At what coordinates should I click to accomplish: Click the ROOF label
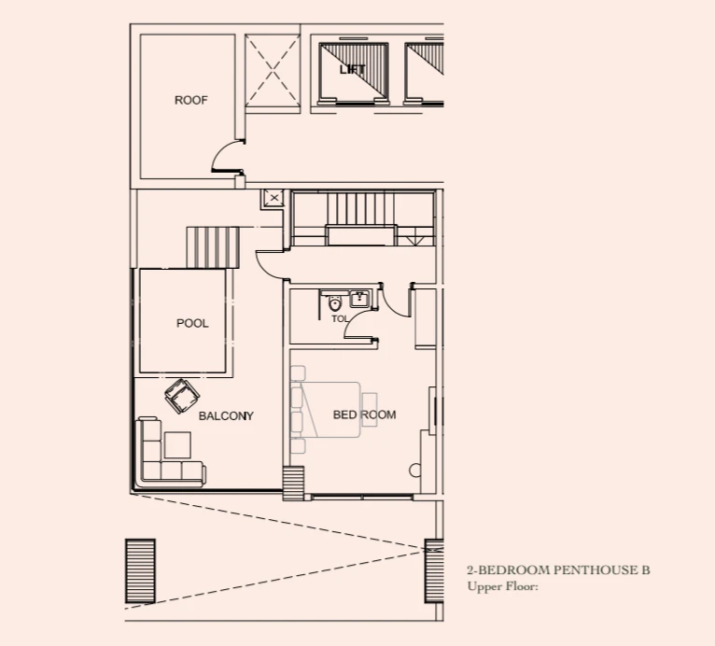coord(191,100)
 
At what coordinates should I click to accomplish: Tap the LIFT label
coord(353,69)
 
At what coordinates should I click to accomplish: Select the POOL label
coord(192,323)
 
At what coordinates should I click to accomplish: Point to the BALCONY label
coord(226,415)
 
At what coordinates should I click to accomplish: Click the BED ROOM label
coord(364,414)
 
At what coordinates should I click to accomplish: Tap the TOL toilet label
coord(340,319)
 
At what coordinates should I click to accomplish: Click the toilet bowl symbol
coord(335,302)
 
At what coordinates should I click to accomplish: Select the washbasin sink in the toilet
coord(360,299)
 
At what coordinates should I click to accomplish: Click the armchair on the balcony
coord(182,396)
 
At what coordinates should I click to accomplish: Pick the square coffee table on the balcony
coord(177,445)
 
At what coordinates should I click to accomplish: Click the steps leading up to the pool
coord(213,247)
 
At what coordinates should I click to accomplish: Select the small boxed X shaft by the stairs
coord(273,198)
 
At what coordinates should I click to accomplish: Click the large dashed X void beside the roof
coord(273,71)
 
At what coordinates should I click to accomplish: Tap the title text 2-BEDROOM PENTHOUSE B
coord(558,569)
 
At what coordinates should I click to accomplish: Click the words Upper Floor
coord(502,586)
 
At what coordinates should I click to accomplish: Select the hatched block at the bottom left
coord(140,571)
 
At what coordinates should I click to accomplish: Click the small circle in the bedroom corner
coord(415,470)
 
